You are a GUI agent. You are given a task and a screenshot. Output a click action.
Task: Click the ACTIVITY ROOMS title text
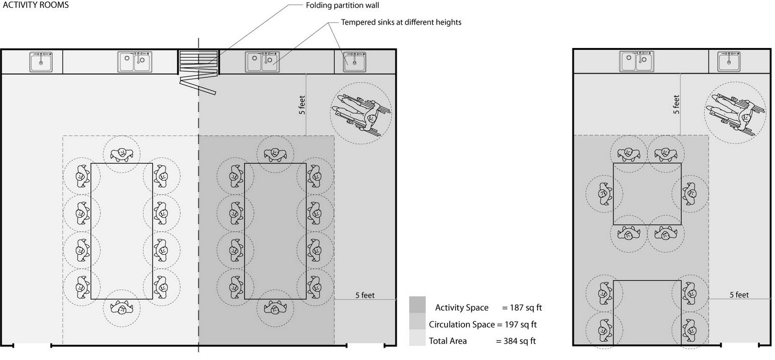pyautogui.click(x=36, y=5)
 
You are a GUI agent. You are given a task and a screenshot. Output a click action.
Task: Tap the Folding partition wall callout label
pyautogui.click(x=342, y=6)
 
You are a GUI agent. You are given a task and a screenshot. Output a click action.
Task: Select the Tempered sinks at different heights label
pyautogui.click(x=401, y=22)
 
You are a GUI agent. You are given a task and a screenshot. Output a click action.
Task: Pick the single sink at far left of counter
pyautogui.click(x=41, y=62)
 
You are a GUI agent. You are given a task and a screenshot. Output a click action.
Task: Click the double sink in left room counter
pyautogui.click(x=135, y=62)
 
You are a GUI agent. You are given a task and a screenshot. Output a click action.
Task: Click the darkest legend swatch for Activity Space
pyautogui.click(x=417, y=305)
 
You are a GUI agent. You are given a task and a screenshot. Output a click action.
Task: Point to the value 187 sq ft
pyautogui.click(x=522, y=308)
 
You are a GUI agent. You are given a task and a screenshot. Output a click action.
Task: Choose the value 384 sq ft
pyautogui.click(x=516, y=341)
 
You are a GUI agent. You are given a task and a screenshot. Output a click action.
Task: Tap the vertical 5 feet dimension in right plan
pyautogui.click(x=676, y=105)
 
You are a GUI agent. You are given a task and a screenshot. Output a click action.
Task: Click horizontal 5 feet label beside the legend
pyautogui.click(x=365, y=295)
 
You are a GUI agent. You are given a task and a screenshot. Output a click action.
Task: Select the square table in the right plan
pyautogui.click(x=647, y=194)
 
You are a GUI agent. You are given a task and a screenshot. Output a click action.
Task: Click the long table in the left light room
pyautogui.click(x=122, y=231)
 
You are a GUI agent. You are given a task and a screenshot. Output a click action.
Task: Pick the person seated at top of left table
pyautogui.click(x=122, y=154)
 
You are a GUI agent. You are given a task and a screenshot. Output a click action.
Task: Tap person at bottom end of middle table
pyautogui.click(x=275, y=308)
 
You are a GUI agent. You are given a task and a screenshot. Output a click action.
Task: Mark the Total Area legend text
pyautogui.click(x=448, y=341)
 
